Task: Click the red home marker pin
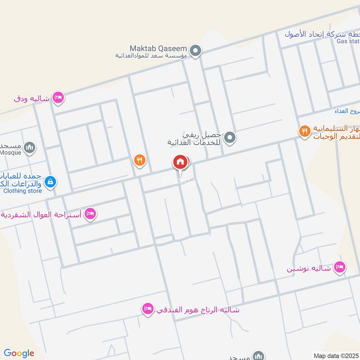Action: [x=180, y=162]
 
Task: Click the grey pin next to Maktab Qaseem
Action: [x=195, y=51]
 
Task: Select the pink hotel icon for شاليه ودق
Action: [x=58, y=98]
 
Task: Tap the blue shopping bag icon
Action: [x=51, y=181]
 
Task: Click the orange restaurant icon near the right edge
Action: [x=305, y=131]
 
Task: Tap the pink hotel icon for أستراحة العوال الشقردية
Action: [x=90, y=213]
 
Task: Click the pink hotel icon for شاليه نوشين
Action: [x=340, y=268]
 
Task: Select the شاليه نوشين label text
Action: [x=309, y=269]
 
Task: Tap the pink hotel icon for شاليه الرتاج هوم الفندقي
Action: [x=147, y=309]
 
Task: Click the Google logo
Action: [x=19, y=353]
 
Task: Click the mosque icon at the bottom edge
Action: [x=258, y=356]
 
